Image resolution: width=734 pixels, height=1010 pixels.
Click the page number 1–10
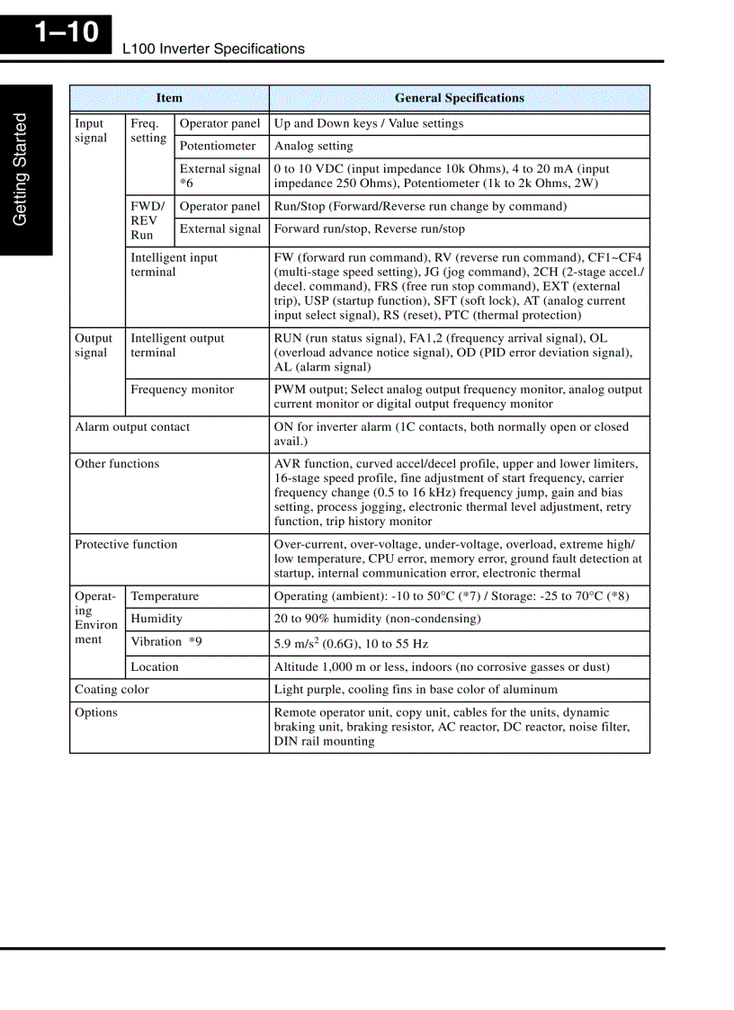coord(66,33)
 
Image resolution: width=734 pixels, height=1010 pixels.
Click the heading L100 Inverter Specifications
coord(213,49)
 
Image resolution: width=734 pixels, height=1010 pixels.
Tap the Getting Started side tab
coord(21,169)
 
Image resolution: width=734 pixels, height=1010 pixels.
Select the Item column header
coord(169,98)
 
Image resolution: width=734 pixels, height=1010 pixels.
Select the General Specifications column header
coord(459,98)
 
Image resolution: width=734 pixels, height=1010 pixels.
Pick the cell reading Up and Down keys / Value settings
coord(369,124)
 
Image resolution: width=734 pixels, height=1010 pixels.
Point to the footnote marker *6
coord(187,183)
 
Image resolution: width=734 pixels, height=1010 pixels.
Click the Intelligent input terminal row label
coord(174,264)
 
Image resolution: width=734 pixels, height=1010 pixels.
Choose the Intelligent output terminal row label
coord(177,345)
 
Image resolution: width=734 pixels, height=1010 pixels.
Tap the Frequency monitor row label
coord(182,389)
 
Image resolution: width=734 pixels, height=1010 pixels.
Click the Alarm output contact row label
coord(132,427)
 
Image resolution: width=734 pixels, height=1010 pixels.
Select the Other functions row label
coord(117,464)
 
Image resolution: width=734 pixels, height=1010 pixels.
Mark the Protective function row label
coord(126,544)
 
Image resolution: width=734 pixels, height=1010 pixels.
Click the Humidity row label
coord(157,619)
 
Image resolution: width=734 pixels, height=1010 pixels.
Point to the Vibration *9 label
coord(166,642)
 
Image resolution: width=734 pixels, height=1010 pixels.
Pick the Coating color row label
coord(112,690)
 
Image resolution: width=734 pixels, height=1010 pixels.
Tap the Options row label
coord(96,712)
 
